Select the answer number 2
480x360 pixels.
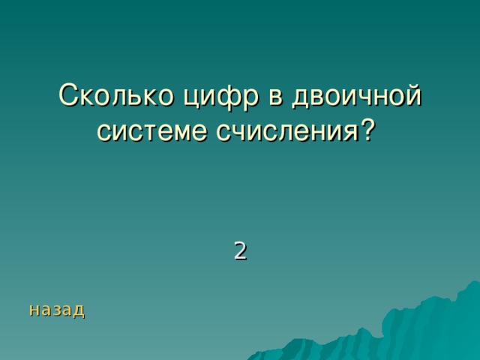[x=239, y=250]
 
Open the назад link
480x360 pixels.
[x=56, y=309]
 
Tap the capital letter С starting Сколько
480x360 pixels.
[x=69, y=97]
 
